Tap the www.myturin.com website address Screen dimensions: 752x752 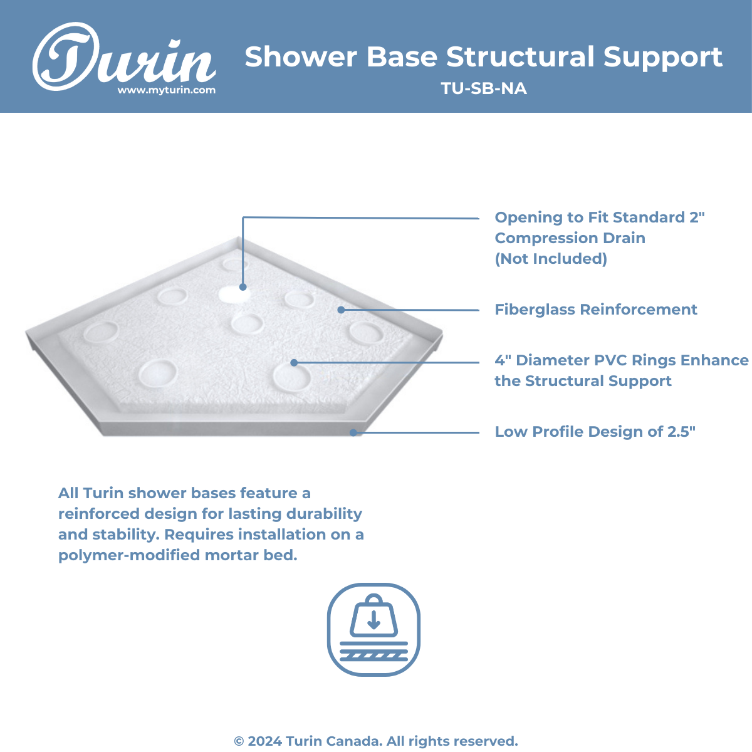point(167,90)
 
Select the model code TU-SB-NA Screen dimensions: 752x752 point(484,88)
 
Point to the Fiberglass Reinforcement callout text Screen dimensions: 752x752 point(595,310)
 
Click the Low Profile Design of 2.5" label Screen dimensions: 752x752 point(595,432)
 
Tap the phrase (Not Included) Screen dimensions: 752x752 point(551,259)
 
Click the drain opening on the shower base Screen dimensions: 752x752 point(232,295)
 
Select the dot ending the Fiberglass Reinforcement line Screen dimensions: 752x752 point(341,310)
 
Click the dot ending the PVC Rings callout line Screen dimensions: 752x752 point(295,363)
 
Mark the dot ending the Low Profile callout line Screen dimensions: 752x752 point(353,432)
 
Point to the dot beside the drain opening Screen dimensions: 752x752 point(243,287)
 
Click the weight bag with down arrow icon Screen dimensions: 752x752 point(374,616)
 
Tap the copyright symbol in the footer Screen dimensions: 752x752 point(239,741)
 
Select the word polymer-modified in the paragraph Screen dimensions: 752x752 point(130,555)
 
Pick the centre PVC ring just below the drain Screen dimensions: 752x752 point(247,324)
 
